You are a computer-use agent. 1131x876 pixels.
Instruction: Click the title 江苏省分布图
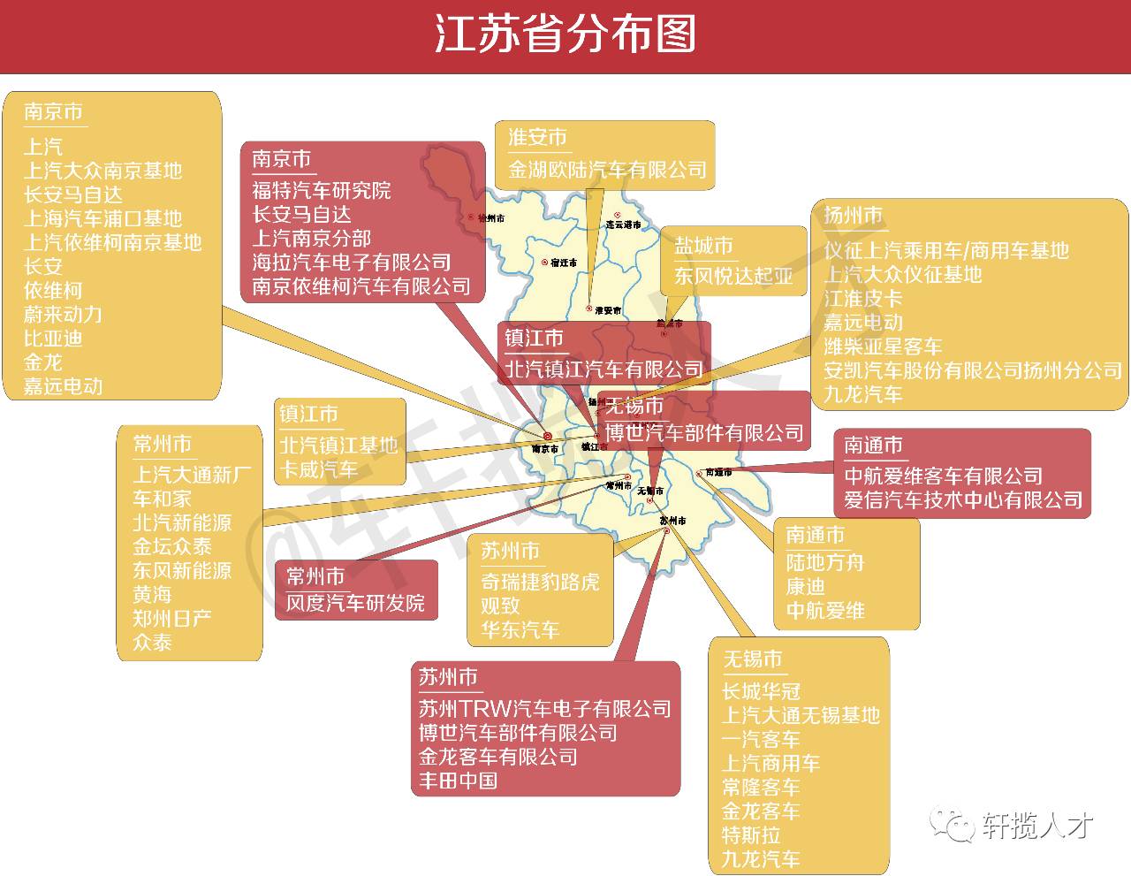565,35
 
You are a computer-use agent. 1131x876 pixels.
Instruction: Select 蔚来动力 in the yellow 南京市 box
63,315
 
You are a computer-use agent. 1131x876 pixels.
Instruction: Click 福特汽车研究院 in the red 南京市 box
321,191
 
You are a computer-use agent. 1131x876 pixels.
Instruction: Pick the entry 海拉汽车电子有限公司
352,263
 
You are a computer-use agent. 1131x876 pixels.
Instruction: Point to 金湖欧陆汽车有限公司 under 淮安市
607,170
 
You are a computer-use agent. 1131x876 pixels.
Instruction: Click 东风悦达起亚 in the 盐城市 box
733,276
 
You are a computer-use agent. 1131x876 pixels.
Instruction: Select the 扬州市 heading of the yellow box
853,216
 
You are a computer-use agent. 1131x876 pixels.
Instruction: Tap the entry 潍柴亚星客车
883,347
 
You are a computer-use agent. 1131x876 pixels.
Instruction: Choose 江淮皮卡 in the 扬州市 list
862,299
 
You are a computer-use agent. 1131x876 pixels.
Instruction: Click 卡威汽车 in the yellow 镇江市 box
319,469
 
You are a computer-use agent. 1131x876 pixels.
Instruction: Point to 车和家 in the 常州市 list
162,499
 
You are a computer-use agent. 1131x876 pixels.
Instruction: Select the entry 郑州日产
172,618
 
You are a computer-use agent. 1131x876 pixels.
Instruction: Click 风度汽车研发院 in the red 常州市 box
355,604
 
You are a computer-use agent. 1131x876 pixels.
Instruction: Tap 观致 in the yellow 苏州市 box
500,606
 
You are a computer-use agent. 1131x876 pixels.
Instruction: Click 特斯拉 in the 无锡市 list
751,835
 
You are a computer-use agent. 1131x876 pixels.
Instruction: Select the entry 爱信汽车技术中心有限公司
963,500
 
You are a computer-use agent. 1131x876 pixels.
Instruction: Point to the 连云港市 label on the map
623,225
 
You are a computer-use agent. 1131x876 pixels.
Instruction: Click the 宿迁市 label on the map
563,263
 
